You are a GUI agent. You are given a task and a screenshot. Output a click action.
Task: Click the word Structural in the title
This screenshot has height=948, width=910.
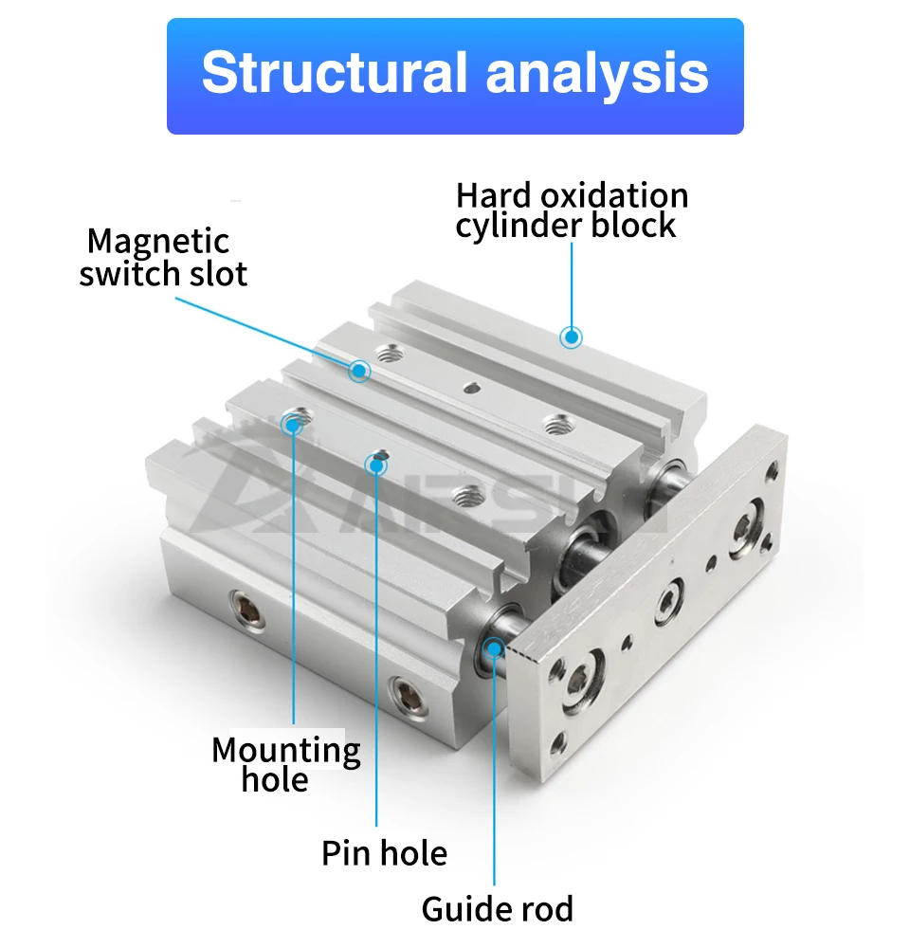click(x=335, y=73)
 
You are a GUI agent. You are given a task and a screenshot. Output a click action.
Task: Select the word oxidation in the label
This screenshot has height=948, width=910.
click(x=613, y=196)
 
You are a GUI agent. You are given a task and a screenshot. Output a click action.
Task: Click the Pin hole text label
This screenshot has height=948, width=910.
click(x=385, y=853)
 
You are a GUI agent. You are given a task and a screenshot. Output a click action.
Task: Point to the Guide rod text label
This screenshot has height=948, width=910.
click(x=498, y=909)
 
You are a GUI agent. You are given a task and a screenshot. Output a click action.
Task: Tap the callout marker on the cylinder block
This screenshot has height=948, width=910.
click(x=571, y=337)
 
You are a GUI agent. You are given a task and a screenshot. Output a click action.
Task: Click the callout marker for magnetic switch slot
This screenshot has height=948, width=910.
click(x=359, y=370)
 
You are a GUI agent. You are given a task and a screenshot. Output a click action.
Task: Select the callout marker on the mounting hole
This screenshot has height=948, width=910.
click(x=293, y=425)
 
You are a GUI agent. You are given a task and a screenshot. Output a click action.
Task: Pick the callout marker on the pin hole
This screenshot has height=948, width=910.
click(x=376, y=465)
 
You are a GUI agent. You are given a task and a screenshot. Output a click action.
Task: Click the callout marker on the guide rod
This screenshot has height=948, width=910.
click(x=494, y=648)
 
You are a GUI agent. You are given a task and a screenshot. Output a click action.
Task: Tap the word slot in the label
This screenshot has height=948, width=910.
click(x=218, y=274)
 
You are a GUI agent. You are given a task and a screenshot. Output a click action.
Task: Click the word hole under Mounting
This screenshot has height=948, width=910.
click(x=275, y=779)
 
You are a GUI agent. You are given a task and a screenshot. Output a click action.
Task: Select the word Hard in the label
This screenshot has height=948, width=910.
click(x=495, y=196)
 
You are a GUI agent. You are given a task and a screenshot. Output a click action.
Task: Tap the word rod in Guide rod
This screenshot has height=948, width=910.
click(x=549, y=909)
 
